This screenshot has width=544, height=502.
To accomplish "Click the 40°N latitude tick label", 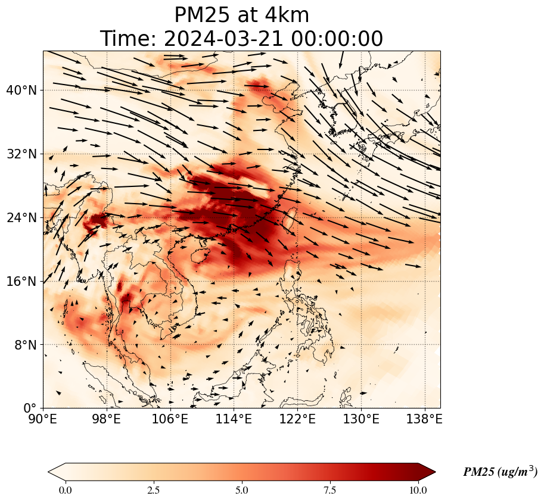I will tap(21, 91).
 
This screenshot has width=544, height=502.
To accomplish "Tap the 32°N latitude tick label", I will tap(21, 154).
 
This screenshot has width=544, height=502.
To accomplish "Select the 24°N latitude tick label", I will tap(21, 218).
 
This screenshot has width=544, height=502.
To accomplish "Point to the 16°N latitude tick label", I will tap(21, 282).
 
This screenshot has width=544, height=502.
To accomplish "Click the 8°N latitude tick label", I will tap(24, 345).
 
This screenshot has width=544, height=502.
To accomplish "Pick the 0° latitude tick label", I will tap(30, 409).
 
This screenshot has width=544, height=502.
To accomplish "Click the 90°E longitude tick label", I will tap(43, 419).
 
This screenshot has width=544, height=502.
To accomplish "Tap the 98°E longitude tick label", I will tap(106, 419).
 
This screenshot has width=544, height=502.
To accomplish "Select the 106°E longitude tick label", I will tap(170, 419).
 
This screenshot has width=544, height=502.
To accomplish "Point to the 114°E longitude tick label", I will tap(234, 419).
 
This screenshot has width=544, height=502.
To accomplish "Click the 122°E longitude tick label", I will tap(298, 419).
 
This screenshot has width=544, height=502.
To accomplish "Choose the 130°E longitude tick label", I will tap(362, 419).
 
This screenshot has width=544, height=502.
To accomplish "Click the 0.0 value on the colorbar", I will tap(66, 490).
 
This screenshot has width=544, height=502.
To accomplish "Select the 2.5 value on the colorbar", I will tap(154, 490).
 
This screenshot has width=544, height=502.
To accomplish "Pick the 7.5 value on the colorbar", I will tap(329, 490).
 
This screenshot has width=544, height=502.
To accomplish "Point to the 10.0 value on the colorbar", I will tap(418, 490).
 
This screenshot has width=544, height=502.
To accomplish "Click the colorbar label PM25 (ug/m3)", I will tap(500, 472).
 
